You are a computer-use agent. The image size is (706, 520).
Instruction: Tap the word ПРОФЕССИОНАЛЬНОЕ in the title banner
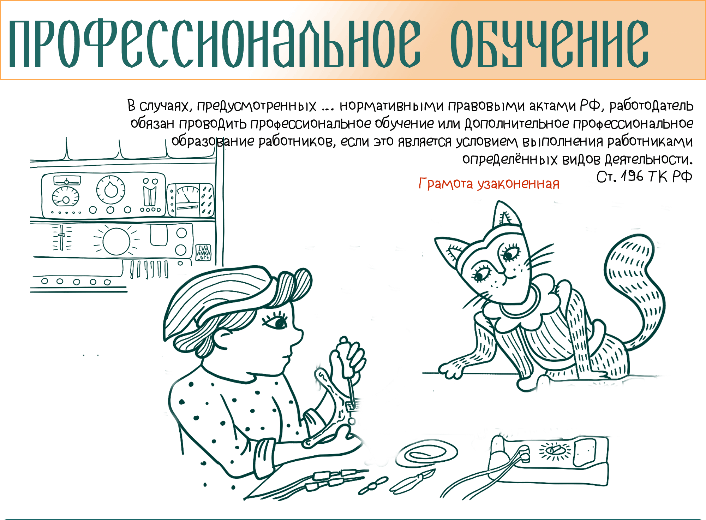(x=215, y=43)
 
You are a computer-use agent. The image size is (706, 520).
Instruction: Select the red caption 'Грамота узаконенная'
(x=489, y=184)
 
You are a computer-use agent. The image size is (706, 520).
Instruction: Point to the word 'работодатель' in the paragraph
(x=651, y=106)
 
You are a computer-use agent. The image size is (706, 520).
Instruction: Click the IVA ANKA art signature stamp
(x=203, y=253)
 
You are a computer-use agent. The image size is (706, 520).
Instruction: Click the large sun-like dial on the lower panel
(x=116, y=241)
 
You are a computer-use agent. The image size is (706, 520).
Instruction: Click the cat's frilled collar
(x=522, y=307)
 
